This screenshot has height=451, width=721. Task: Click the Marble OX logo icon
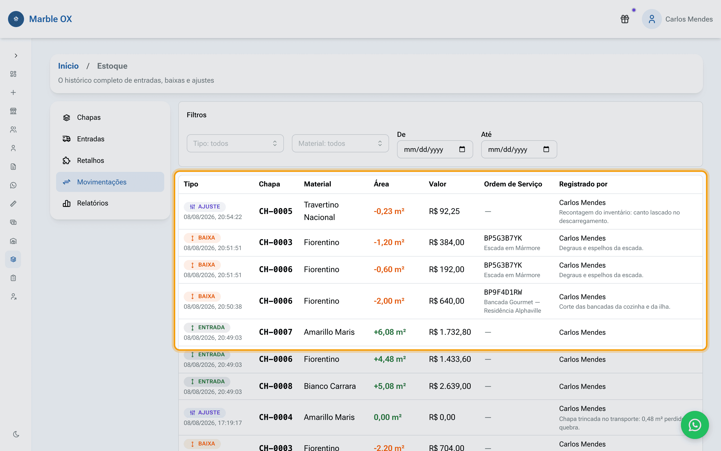(16, 19)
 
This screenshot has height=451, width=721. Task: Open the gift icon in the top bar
(625, 19)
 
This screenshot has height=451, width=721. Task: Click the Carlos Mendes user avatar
(652, 19)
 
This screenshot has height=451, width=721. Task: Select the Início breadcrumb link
(68, 66)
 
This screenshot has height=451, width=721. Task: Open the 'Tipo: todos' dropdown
(235, 144)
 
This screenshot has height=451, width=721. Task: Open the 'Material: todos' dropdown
(340, 144)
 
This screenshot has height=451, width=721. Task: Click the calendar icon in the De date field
(462, 149)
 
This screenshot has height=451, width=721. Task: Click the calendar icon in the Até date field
(546, 149)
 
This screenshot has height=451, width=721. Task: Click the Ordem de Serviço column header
(513, 184)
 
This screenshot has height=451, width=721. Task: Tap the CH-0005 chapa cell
(276, 211)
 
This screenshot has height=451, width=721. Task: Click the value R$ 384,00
(447, 242)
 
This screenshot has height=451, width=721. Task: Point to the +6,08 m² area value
(390, 332)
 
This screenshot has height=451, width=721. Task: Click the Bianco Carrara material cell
(330, 386)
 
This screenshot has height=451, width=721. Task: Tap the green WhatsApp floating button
(695, 425)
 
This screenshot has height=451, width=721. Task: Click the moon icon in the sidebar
(16, 434)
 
